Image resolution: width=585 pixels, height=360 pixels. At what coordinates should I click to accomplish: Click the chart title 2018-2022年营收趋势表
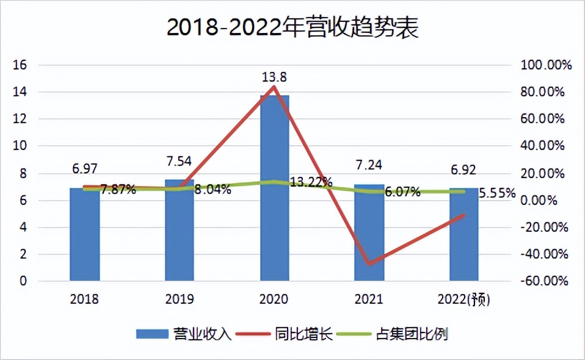(x=292, y=28)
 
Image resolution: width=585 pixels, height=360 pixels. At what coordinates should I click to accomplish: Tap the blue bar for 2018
(x=84, y=238)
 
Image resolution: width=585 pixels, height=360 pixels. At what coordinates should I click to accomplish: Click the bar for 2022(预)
(x=464, y=238)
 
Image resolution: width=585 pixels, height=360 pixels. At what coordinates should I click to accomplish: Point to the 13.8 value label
(x=274, y=77)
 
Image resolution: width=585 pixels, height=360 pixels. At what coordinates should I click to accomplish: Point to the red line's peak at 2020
(x=274, y=87)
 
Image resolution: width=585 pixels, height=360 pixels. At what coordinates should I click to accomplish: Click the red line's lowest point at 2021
(x=369, y=264)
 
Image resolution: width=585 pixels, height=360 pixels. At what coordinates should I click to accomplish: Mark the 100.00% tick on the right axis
(x=543, y=65)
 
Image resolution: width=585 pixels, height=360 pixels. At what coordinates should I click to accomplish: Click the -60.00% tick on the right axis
(x=543, y=281)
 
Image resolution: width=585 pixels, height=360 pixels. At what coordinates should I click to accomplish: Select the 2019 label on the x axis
(x=180, y=300)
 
